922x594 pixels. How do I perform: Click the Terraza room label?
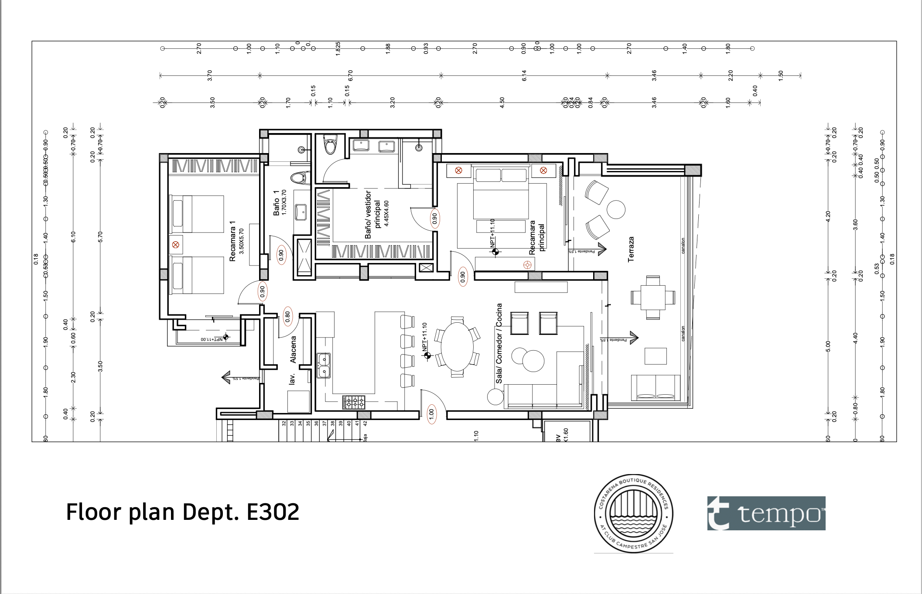point(631,249)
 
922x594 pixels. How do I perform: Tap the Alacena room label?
point(293,349)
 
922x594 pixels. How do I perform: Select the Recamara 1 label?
point(232,241)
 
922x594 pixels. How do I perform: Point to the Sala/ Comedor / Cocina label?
point(499,343)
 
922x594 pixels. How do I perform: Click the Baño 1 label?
point(277,203)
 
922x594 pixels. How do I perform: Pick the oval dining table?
point(457,347)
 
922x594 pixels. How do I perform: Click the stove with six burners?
point(354,402)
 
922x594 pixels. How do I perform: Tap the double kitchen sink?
point(323,365)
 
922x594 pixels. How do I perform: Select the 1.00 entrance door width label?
point(431,413)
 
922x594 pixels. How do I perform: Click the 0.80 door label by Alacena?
point(287,316)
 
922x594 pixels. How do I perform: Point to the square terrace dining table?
point(653,297)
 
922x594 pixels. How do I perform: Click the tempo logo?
point(766,513)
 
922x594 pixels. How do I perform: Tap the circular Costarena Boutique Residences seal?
point(633,513)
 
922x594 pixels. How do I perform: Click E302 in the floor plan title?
point(273,512)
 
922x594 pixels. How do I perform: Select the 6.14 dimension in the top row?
point(524,75)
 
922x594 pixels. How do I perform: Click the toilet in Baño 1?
point(299,178)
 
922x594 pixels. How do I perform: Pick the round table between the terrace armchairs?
point(616,209)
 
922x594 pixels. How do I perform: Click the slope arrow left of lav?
point(226,377)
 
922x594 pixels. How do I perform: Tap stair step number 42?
point(365,423)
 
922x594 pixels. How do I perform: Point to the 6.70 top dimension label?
point(350,75)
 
